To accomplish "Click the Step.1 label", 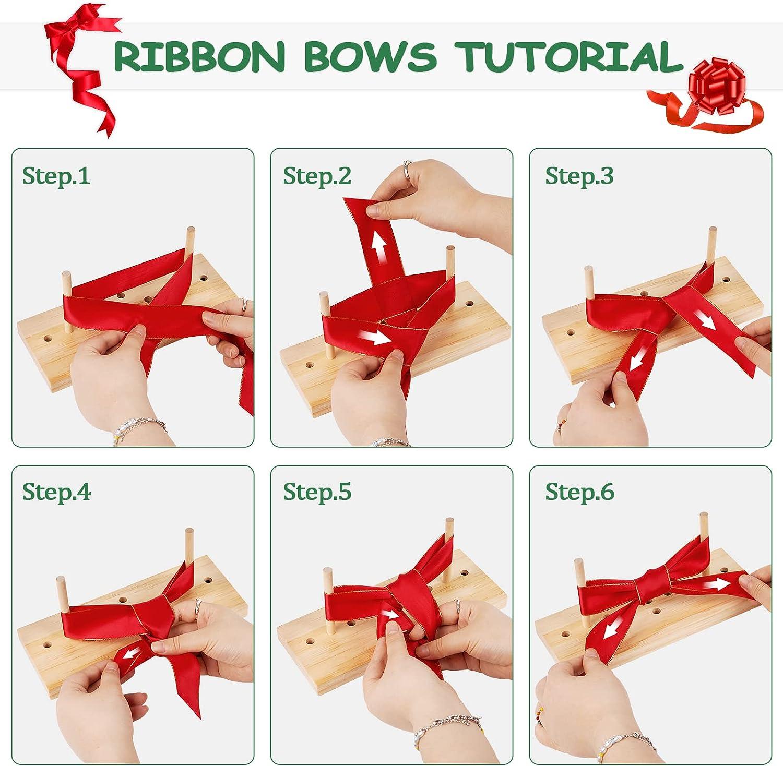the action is click(x=56, y=176).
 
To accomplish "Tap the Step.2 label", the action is click(x=317, y=176).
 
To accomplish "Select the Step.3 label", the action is click(x=579, y=176).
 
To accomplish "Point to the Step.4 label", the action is click(x=56, y=492).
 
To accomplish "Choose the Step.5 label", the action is click(x=317, y=492).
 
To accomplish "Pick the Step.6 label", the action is click(x=579, y=492).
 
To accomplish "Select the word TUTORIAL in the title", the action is click(x=568, y=56).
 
